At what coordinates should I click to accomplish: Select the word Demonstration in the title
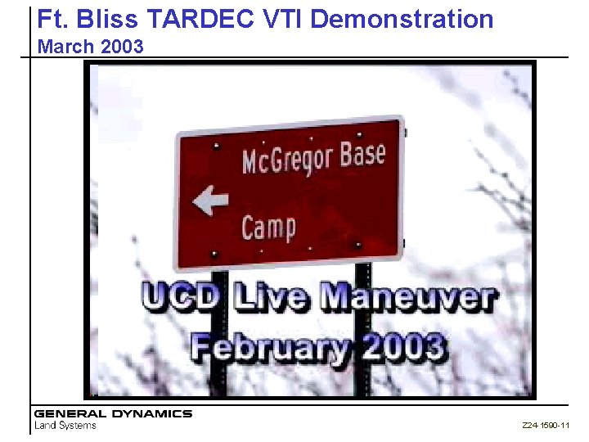click(403, 19)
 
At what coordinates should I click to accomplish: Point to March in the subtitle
click(66, 47)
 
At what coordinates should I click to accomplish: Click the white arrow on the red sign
click(210, 201)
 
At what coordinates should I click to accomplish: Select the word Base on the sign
click(362, 152)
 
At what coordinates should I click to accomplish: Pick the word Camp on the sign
click(268, 226)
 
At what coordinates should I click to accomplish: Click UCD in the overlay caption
click(181, 296)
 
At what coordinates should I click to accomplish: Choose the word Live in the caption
click(273, 296)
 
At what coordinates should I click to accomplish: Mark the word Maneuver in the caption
click(407, 296)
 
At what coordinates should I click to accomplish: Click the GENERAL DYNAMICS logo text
click(113, 414)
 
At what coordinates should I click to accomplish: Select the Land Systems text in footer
click(65, 425)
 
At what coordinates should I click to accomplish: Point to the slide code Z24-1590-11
click(545, 426)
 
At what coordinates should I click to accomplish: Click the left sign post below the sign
click(218, 377)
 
